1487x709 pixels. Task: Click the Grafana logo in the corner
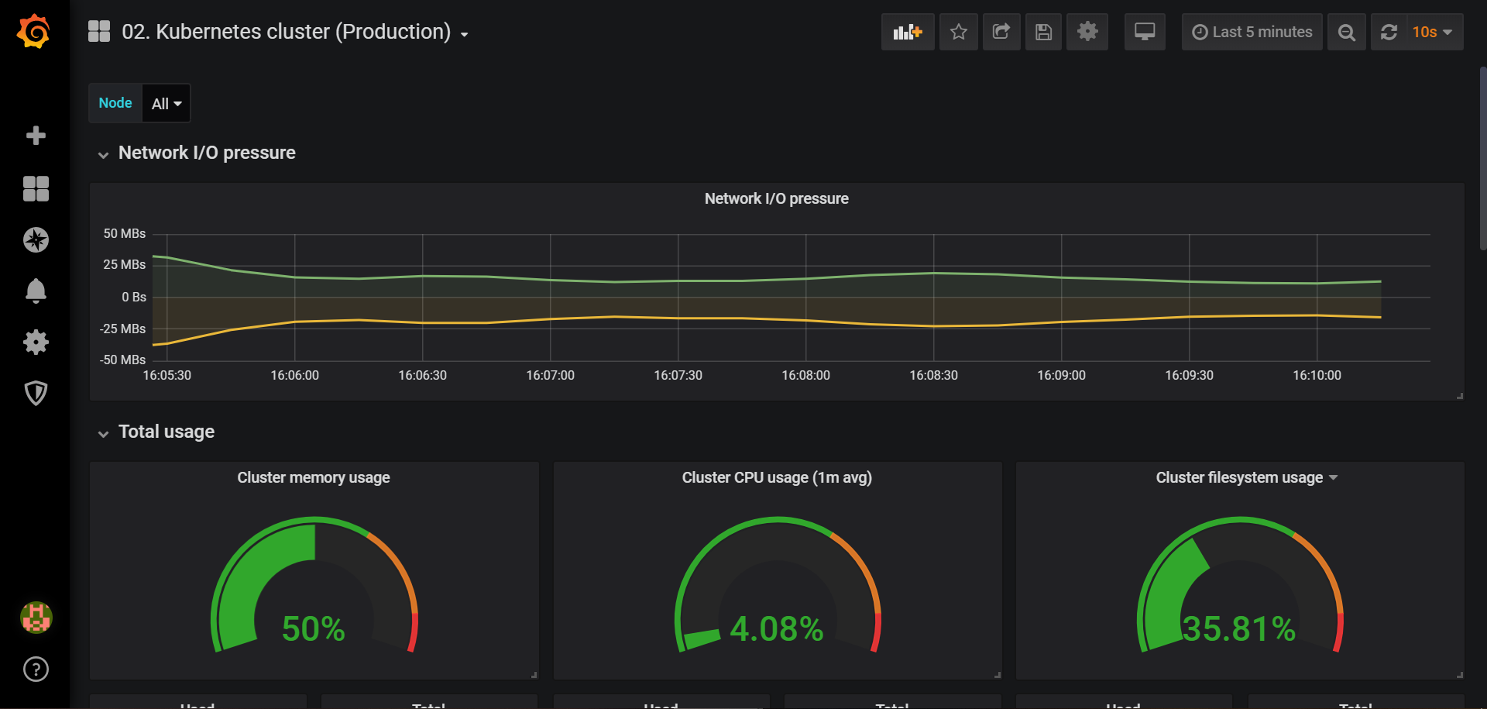[34, 32]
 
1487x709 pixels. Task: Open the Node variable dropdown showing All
[166, 103]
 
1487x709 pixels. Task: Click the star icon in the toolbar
[958, 32]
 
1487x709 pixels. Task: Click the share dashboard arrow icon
[1001, 32]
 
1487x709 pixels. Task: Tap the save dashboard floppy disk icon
[1043, 32]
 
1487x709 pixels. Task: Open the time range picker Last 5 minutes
[1252, 32]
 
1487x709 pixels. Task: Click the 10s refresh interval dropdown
[1430, 32]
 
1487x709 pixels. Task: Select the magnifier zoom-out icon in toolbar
[1346, 32]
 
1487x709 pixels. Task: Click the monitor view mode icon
[1144, 32]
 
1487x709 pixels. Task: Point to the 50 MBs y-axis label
[124, 233]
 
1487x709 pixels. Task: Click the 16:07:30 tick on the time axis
[678, 375]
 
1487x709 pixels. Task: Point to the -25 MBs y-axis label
[122, 329]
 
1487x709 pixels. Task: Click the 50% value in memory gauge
[313, 628]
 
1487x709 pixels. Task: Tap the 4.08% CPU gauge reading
[776, 628]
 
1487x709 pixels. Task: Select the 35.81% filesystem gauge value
[1238, 628]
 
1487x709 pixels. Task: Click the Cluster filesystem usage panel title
[1239, 477]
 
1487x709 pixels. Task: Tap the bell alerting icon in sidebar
[36, 291]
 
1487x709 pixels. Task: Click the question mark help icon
[36, 669]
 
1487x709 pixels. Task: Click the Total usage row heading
[166, 432]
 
